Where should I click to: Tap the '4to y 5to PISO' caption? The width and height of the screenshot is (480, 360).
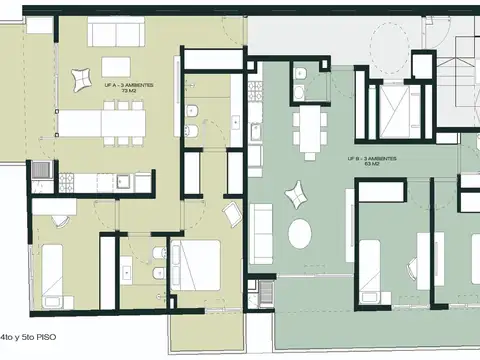tap(29, 339)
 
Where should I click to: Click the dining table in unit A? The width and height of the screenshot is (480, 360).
tap(100, 123)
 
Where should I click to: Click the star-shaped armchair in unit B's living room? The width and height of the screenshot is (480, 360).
tap(296, 192)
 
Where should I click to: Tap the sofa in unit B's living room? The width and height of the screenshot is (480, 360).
tap(262, 229)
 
